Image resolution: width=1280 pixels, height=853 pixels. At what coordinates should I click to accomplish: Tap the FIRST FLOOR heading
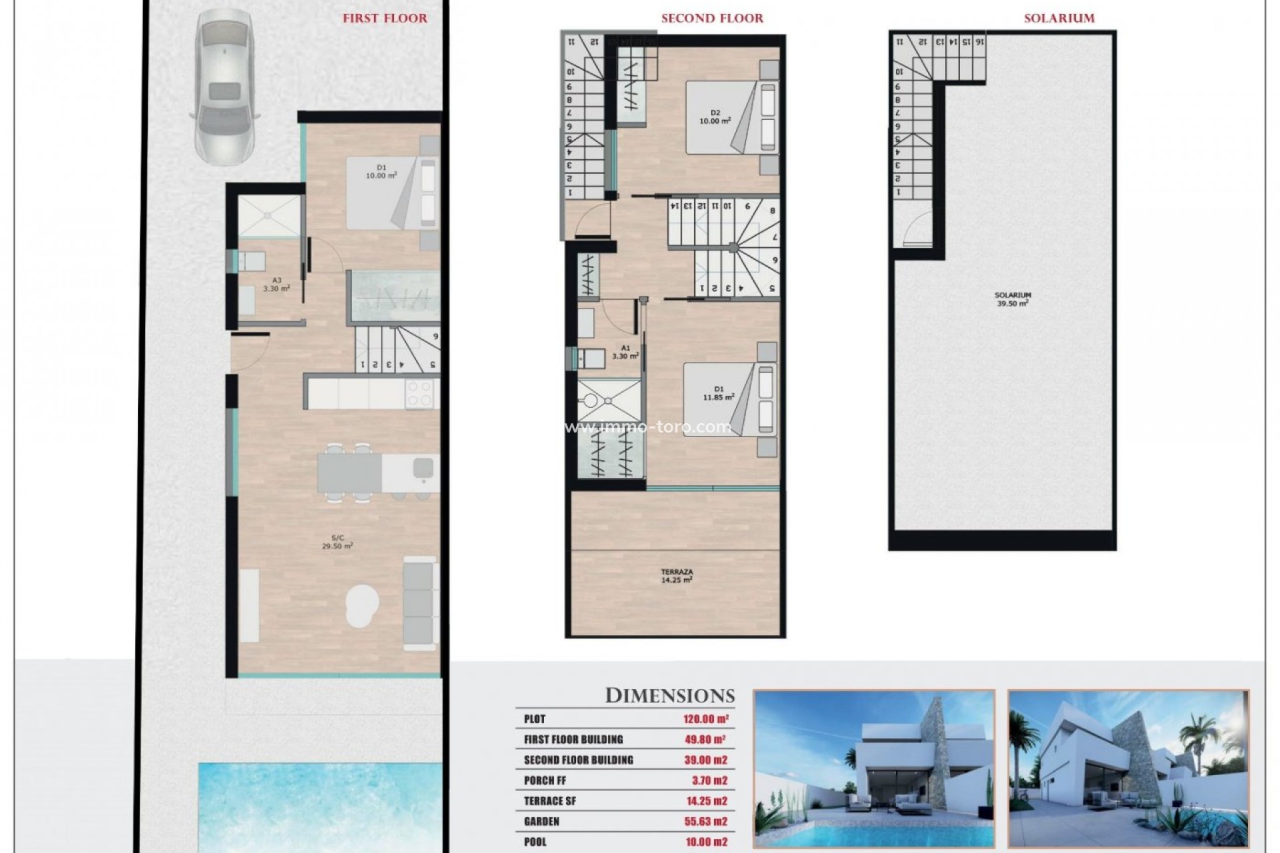[x=385, y=19]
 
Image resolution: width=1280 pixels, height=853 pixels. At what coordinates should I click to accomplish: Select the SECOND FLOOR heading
[x=712, y=19]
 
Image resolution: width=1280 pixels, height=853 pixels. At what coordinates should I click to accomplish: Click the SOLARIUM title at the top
[x=1059, y=19]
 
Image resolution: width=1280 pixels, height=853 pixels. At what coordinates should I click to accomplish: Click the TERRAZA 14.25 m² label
[x=677, y=576]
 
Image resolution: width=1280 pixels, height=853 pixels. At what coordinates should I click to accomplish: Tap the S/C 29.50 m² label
[x=337, y=541]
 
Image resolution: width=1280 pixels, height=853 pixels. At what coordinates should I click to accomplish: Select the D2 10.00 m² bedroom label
[x=715, y=117]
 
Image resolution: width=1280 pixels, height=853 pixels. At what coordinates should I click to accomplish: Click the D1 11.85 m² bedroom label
[x=719, y=393]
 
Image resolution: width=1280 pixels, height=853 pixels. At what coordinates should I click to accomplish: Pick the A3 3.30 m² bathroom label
[x=276, y=285]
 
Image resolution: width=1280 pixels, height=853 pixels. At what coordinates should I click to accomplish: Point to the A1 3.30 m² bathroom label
[x=625, y=352]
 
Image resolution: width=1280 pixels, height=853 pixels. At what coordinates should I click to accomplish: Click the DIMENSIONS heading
[x=669, y=696]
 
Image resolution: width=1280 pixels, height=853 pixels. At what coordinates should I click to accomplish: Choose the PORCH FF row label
[x=545, y=780]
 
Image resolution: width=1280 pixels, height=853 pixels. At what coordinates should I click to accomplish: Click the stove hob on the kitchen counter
[x=419, y=393]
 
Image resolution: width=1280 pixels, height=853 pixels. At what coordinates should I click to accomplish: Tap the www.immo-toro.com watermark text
[x=648, y=427]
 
